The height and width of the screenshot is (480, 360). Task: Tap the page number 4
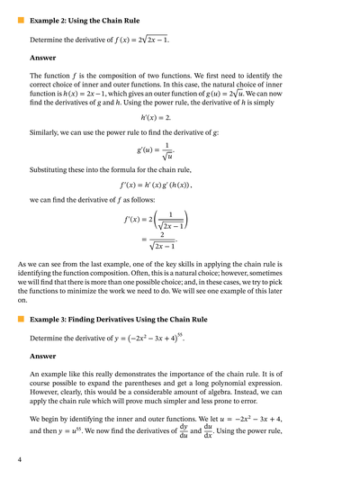[19, 459]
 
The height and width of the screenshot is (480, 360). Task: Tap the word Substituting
[53, 168]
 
